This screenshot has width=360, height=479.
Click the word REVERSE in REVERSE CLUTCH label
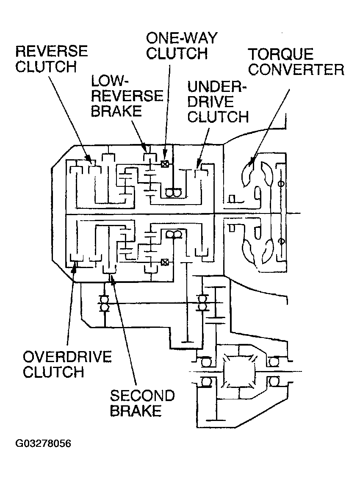click(52, 51)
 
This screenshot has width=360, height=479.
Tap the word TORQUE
click(281, 54)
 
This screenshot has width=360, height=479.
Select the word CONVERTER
click(296, 69)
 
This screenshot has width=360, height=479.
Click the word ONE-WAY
click(182, 38)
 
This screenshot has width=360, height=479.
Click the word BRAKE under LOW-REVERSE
click(116, 111)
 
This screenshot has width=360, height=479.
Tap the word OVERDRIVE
click(67, 357)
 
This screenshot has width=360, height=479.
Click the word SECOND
click(142, 396)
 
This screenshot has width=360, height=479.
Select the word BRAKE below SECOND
click(136, 411)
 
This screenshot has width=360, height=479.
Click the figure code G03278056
click(43, 443)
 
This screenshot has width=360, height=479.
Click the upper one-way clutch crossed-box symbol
click(165, 164)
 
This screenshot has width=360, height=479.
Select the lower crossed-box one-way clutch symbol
click(165, 262)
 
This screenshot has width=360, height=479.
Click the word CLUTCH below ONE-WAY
click(177, 53)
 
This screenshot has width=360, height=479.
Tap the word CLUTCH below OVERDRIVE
click(53, 372)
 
